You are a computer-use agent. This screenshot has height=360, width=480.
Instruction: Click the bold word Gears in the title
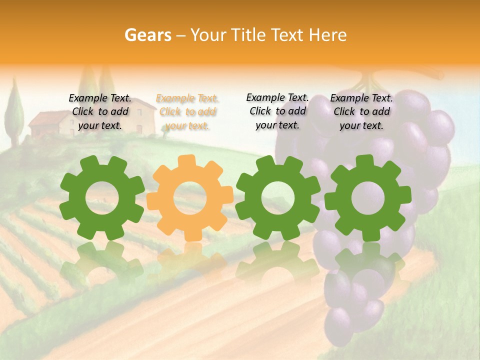coord(147,35)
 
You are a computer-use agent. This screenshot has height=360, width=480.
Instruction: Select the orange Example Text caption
coord(187,112)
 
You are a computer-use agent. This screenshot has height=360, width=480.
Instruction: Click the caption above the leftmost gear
coord(100,112)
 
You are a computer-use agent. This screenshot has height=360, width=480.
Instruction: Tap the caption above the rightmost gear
coord(361,112)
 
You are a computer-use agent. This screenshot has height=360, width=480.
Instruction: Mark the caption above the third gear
coord(277,111)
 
